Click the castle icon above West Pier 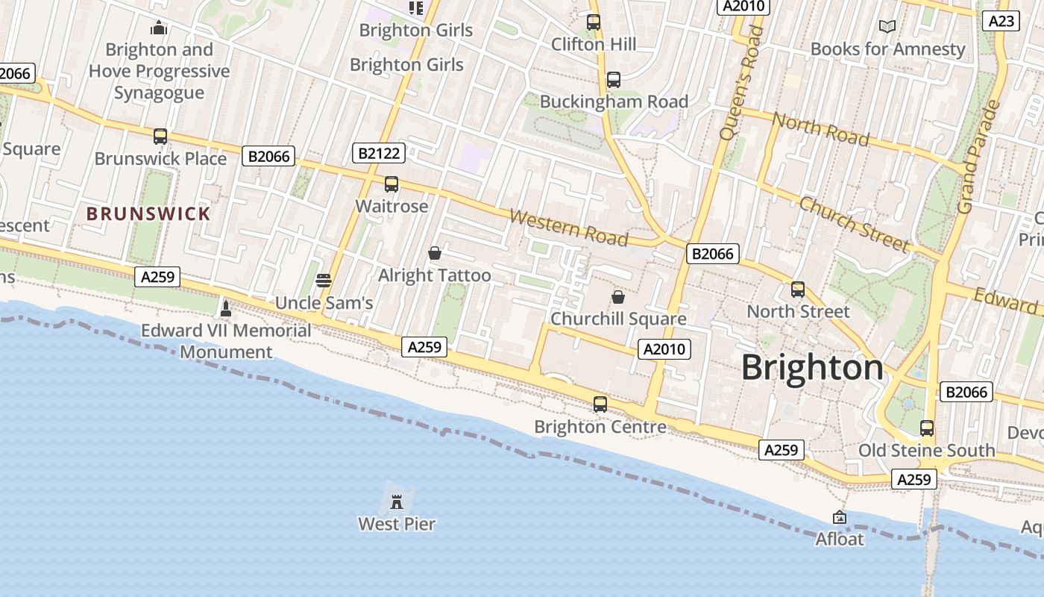[397, 501]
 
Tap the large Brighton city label [812, 368]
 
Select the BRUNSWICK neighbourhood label [148, 214]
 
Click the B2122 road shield [378, 154]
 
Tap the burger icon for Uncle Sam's [324, 281]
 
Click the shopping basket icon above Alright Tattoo [435, 254]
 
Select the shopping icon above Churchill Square [618, 297]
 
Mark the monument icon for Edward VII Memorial [226, 308]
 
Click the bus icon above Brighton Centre [600, 404]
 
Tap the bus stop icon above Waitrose [391, 184]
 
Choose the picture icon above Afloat [840, 517]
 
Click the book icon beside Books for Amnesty [887, 27]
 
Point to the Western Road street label [568, 227]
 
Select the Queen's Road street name [740, 82]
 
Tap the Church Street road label [854, 224]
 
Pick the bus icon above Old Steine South [927, 428]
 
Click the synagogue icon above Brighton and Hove [159, 28]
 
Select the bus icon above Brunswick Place [160, 137]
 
